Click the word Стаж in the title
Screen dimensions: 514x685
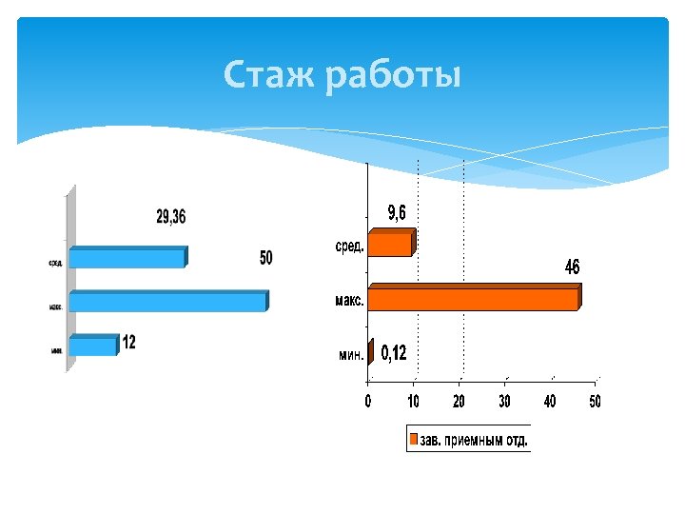point(269,73)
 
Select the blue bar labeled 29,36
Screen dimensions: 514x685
point(127,258)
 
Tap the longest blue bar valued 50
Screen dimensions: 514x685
point(167,302)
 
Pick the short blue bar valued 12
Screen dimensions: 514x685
point(93,346)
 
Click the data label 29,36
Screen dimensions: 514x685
point(171,218)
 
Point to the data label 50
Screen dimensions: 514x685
point(266,258)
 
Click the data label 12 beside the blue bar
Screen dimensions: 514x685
point(128,343)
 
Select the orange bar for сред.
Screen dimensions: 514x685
point(390,245)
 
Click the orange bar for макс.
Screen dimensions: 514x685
point(473,299)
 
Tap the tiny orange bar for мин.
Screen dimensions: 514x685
point(370,352)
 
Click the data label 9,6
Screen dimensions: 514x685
point(396,213)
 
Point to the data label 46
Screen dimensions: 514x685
point(572,268)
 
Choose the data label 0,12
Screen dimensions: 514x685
point(394,354)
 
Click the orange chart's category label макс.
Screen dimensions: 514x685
point(348,301)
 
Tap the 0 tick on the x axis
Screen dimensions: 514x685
point(368,402)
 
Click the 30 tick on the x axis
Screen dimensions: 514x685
point(504,402)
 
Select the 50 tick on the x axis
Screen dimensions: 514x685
point(595,402)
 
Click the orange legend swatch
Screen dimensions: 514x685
point(415,440)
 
